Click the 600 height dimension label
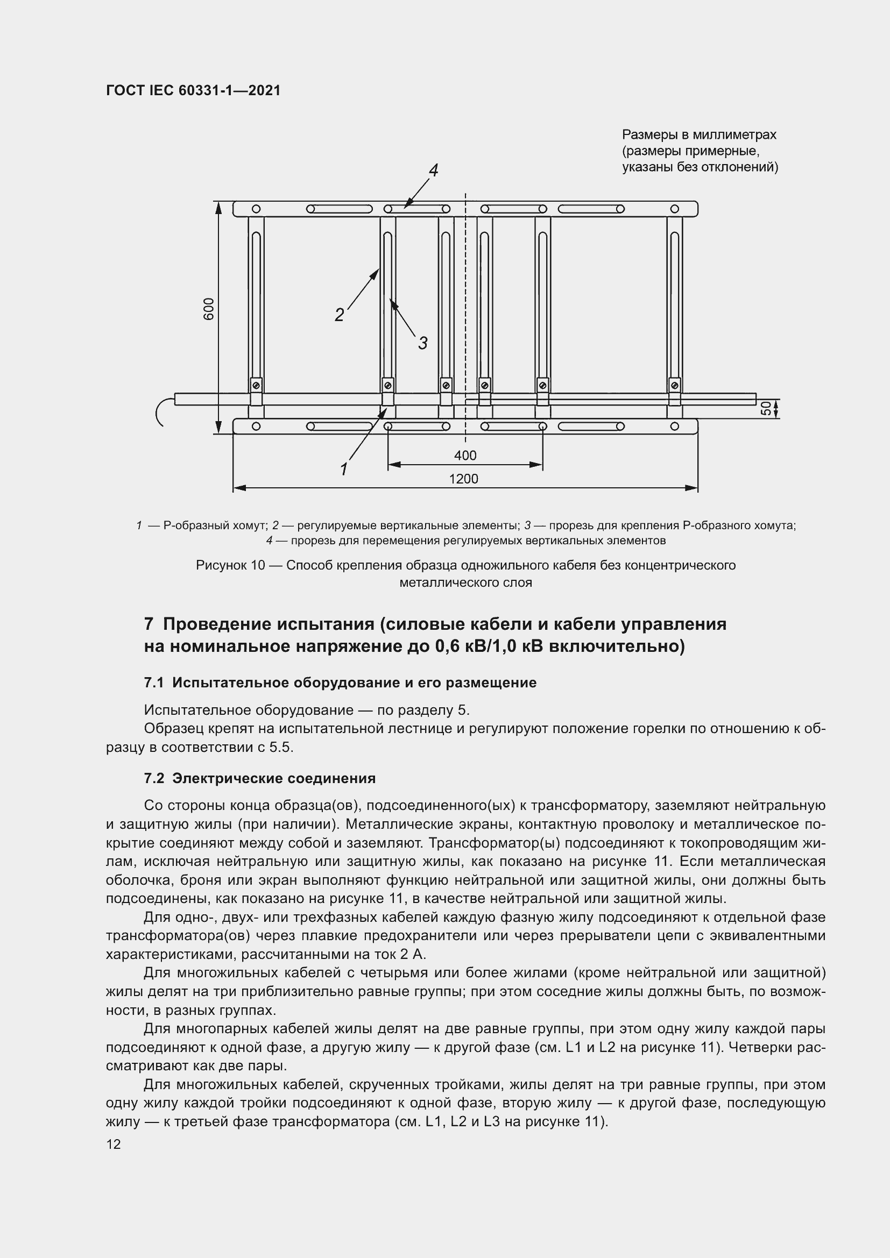coord(209,309)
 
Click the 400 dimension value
coord(465,456)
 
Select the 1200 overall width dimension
coord(464,479)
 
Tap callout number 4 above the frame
coord(433,170)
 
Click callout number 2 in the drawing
coord(339,315)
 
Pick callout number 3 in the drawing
coord(422,344)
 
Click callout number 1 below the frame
coord(344,470)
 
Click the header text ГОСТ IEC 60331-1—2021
coord(193,91)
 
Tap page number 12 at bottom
coord(114,1144)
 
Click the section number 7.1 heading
coord(154,683)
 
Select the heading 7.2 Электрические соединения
coord(260,779)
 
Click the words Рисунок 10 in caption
coord(230,565)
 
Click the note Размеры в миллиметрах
coord(699,135)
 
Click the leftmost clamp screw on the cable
coord(256,386)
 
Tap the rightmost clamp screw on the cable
coord(675,386)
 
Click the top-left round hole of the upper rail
coord(256,209)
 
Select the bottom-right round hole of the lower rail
coord(675,427)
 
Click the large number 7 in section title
coord(149,624)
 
